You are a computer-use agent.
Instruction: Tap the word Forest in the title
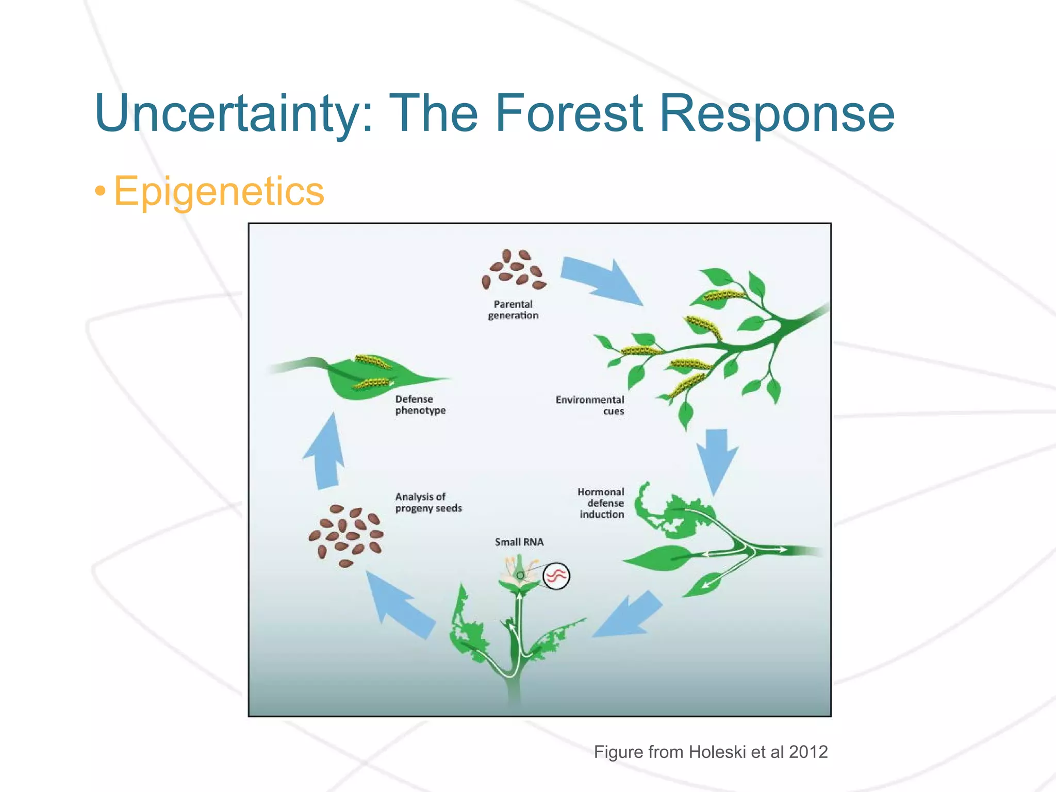(569, 113)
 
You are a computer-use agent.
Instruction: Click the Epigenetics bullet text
(219, 191)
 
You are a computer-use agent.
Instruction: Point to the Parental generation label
(513, 310)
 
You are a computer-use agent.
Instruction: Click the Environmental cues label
(590, 405)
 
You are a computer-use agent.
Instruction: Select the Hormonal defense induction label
(601, 503)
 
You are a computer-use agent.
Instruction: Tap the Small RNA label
(519, 542)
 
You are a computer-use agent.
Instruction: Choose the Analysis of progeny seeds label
(428, 502)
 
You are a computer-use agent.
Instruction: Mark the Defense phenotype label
(420, 405)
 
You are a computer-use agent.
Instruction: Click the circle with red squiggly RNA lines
(556, 575)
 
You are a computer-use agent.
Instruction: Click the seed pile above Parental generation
(514, 270)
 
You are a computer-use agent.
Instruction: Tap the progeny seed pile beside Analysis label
(346, 535)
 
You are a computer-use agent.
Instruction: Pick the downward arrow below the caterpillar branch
(716, 459)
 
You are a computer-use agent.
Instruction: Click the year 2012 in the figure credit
(808, 752)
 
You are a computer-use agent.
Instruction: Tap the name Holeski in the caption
(717, 752)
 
